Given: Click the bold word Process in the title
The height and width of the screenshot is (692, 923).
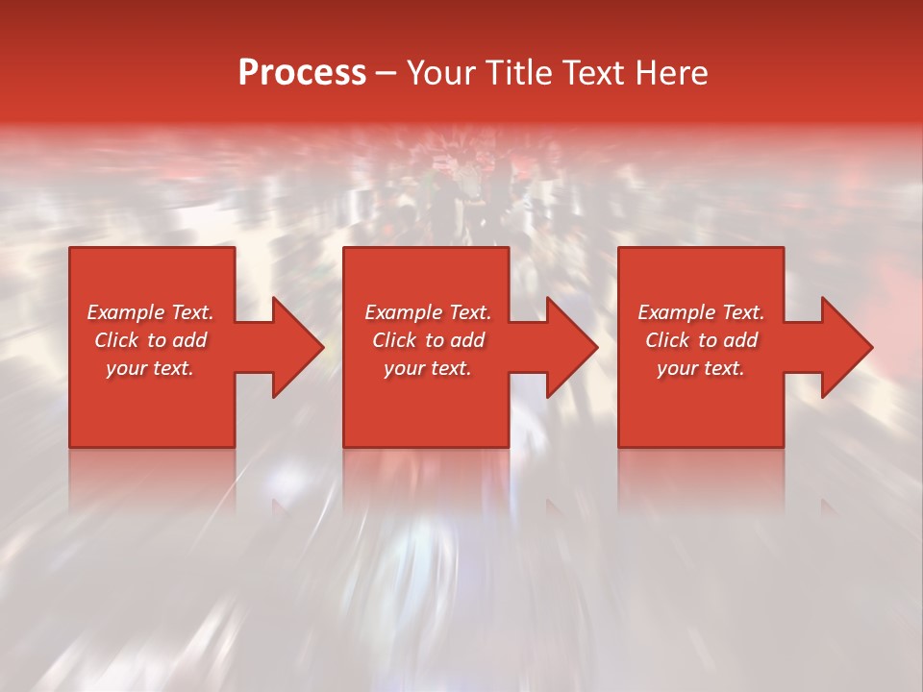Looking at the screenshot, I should (x=302, y=73).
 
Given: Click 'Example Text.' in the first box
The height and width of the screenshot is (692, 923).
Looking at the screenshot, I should (x=150, y=312).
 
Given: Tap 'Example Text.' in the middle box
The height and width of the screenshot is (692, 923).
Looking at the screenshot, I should (x=428, y=312).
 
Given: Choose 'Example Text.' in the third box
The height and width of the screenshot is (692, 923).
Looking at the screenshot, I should (x=701, y=312).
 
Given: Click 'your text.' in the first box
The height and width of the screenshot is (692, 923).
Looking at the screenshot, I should (x=150, y=368).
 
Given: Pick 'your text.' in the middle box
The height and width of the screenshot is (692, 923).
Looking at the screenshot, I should (x=428, y=368).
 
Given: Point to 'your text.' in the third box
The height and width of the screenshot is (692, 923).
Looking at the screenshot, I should (x=701, y=368).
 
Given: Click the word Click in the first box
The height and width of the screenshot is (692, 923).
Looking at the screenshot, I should (x=116, y=340).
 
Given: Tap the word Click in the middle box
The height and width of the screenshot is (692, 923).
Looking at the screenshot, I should (x=394, y=340).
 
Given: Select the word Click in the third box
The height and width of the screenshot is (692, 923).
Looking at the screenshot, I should (x=667, y=340).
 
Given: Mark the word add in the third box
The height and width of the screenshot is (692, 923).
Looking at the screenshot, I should (x=740, y=340).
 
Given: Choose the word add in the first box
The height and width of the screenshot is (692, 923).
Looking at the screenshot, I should (x=189, y=340).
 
